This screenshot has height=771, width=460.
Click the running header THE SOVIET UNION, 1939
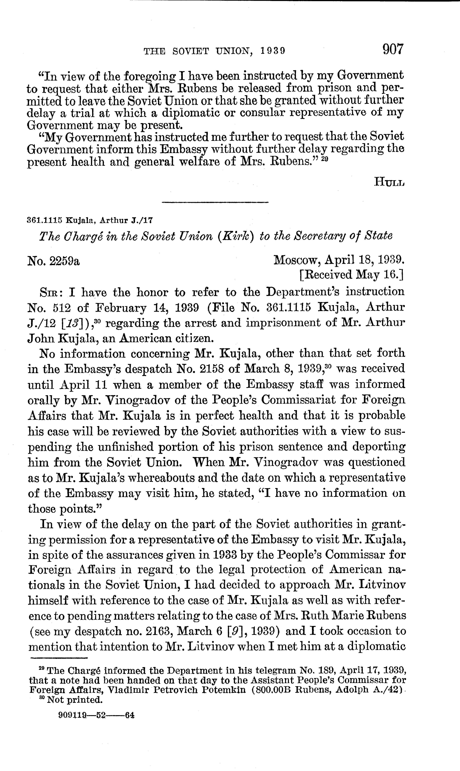[x=214, y=51]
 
